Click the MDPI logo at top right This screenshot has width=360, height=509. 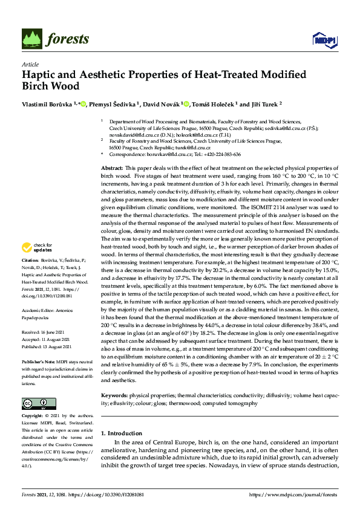[x=323, y=40]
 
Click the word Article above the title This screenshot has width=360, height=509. [x=30, y=64]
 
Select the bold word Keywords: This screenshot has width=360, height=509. [x=114, y=395]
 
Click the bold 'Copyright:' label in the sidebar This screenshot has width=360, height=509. [x=33, y=417]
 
